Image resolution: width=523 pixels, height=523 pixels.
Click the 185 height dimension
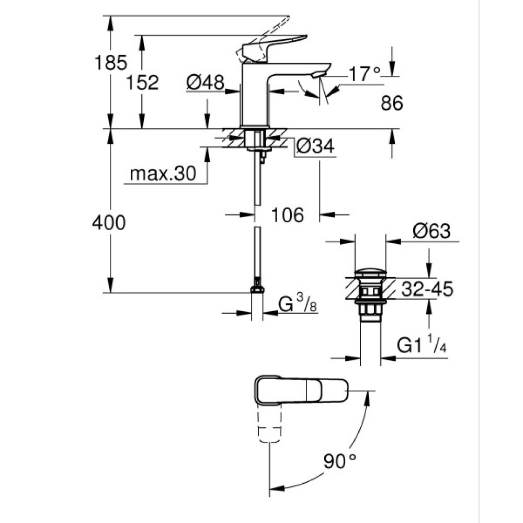point(110,63)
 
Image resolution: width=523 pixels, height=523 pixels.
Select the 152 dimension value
point(142,82)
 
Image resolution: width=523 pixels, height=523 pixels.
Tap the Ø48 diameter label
point(205,82)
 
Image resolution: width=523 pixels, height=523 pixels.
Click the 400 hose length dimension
point(109,223)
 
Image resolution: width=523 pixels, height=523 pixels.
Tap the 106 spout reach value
point(287,214)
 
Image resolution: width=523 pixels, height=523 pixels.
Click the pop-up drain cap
point(369,272)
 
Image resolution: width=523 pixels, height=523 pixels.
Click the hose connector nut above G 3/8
point(257,288)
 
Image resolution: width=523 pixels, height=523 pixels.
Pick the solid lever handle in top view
point(301,389)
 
